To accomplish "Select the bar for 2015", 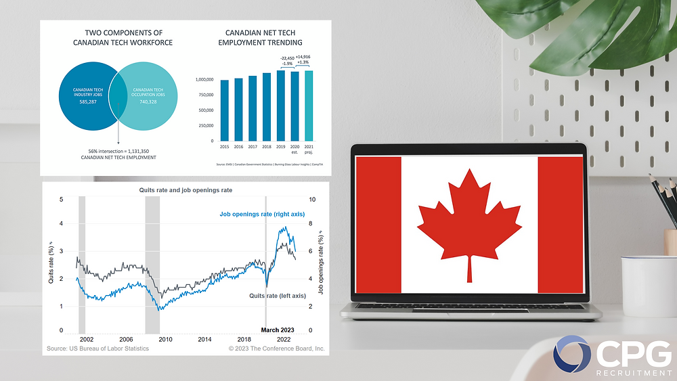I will click(225, 110).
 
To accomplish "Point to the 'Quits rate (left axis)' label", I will click(278, 296).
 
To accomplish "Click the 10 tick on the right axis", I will click(311, 200).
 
